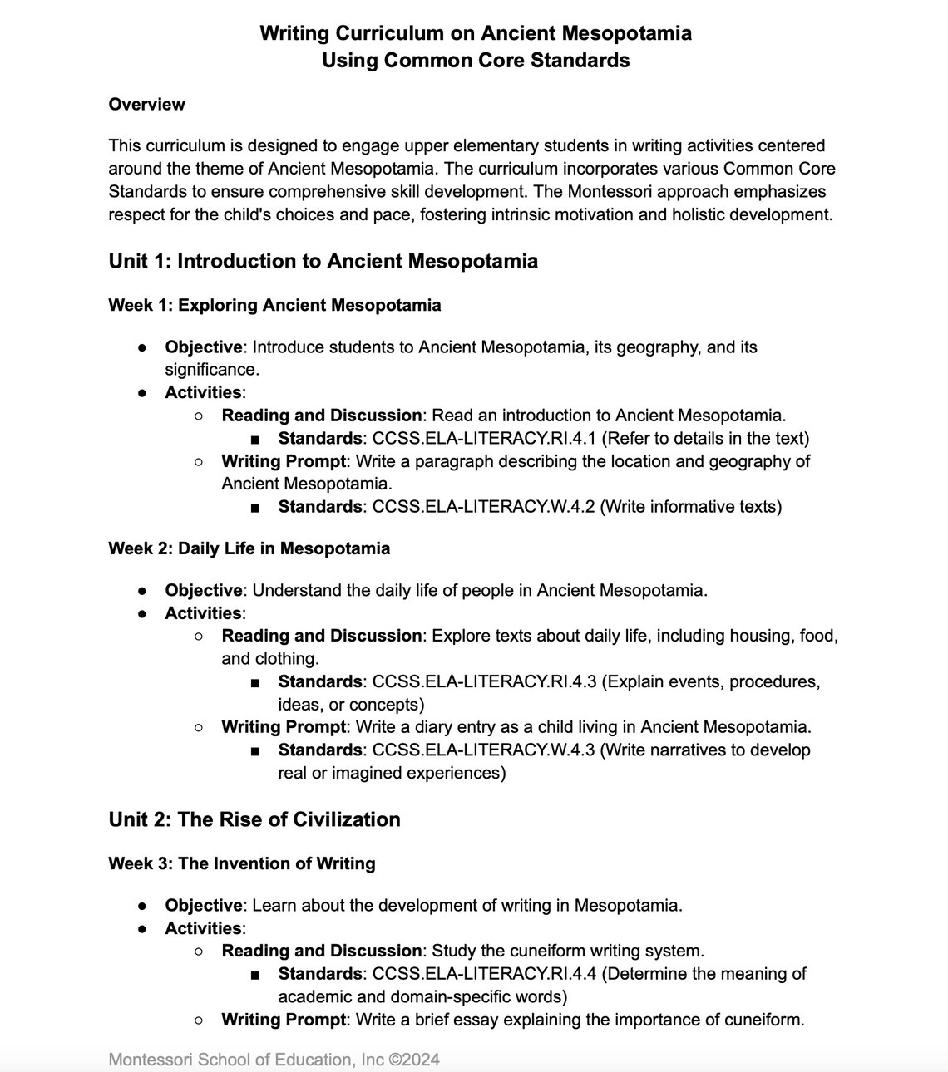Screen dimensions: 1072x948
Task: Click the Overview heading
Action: point(146,105)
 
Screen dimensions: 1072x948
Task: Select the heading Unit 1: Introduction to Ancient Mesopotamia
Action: point(323,261)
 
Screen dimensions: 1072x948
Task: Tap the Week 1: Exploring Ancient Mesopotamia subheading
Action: point(274,305)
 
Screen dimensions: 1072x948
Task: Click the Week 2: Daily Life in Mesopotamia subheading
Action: point(249,548)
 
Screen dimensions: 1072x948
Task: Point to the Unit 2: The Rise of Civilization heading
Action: point(254,819)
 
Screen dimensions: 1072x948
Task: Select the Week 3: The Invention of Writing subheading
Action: point(241,863)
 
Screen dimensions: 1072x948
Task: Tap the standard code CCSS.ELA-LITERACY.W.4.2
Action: point(483,506)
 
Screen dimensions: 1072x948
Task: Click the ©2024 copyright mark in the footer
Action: point(414,1060)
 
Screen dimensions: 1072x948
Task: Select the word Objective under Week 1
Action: point(204,347)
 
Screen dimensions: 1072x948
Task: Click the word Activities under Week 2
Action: point(203,613)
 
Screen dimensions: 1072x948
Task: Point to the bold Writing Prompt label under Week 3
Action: point(283,1019)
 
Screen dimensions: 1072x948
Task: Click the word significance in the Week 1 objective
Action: point(210,369)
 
